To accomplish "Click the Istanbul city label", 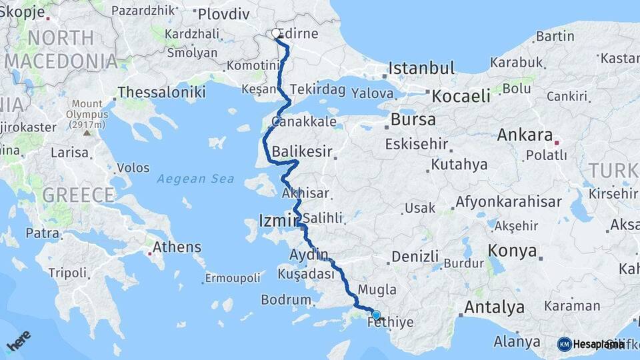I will (421, 68).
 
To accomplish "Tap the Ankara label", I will (525, 135).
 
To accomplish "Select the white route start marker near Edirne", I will (276, 33).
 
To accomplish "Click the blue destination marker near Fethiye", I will (377, 315).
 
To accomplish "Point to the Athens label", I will (177, 247).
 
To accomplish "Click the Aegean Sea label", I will (196, 179).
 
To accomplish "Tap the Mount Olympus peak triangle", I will (87, 132).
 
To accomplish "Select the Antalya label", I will (493, 307).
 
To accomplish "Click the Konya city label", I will (512, 251).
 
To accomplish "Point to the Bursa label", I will (413, 120).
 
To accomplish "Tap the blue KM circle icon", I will (565, 344).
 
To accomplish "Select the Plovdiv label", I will (223, 14).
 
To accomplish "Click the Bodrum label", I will (286, 300).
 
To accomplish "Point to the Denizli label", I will (415, 257).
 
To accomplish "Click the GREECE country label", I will (78, 195).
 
